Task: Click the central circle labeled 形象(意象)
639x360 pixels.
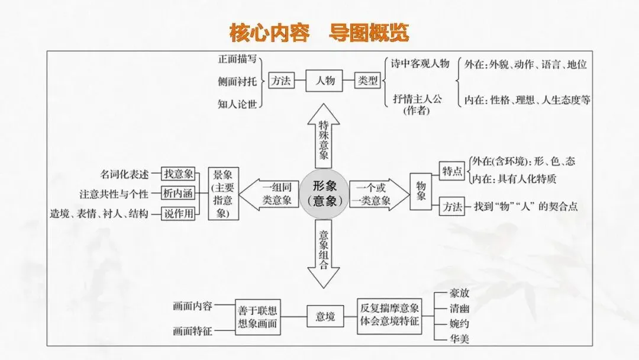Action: click(324, 193)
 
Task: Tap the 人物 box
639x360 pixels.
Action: click(324, 81)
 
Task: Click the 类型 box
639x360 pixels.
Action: click(367, 81)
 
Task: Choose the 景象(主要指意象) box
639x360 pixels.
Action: click(224, 194)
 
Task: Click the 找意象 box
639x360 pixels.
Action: click(179, 173)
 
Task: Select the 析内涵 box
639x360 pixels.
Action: click(179, 194)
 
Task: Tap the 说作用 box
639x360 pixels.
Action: click(179, 214)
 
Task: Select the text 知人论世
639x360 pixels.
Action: click(237, 104)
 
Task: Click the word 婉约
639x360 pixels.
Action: click(460, 324)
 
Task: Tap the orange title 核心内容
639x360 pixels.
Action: click(269, 33)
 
